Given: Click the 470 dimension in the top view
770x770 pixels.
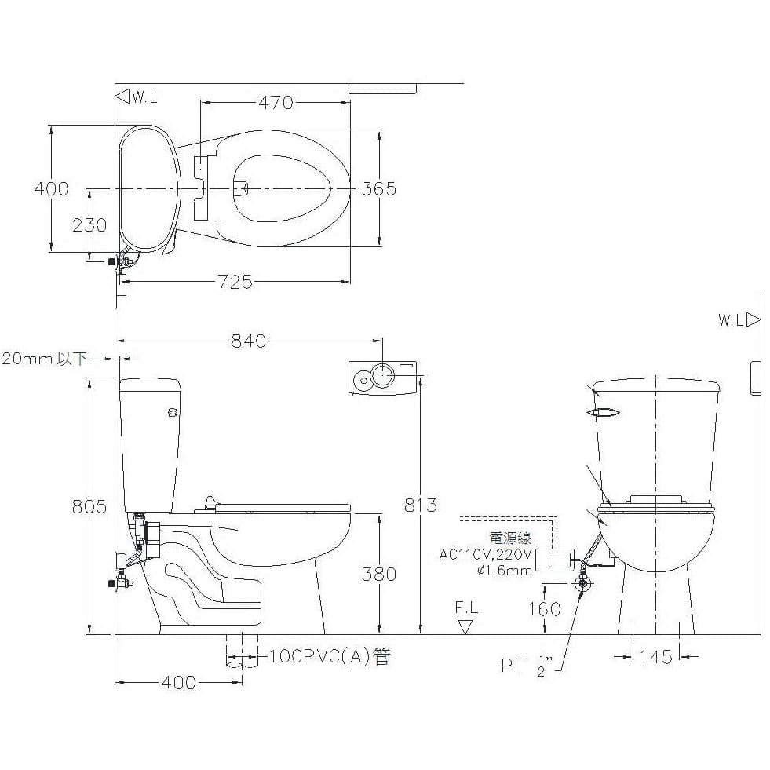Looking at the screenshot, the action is [x=276, y=103].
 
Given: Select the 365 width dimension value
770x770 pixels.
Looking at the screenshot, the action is [x=378, y=188].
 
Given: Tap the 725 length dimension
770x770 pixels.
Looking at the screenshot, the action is [x=235, y=282].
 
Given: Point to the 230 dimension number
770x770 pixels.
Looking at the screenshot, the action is [x=89, y=225].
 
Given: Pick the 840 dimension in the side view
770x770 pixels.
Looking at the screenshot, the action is [x=249, y=341].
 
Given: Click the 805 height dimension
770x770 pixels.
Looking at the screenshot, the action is [x=89, y=506].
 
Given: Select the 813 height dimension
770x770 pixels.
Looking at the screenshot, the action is [x=421, y=505].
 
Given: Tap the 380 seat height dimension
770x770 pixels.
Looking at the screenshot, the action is [x=378, y=574].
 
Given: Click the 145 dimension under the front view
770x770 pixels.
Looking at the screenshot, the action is [x=656, y=656].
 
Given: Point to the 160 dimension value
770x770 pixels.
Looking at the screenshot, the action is [x=545, y=609].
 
